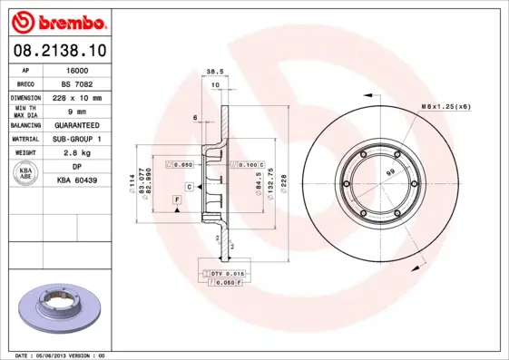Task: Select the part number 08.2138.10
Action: point(61,53)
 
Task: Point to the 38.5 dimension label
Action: point(214,71)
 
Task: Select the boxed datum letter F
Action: point(175,197)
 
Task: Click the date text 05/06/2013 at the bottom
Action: point(62,355)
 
